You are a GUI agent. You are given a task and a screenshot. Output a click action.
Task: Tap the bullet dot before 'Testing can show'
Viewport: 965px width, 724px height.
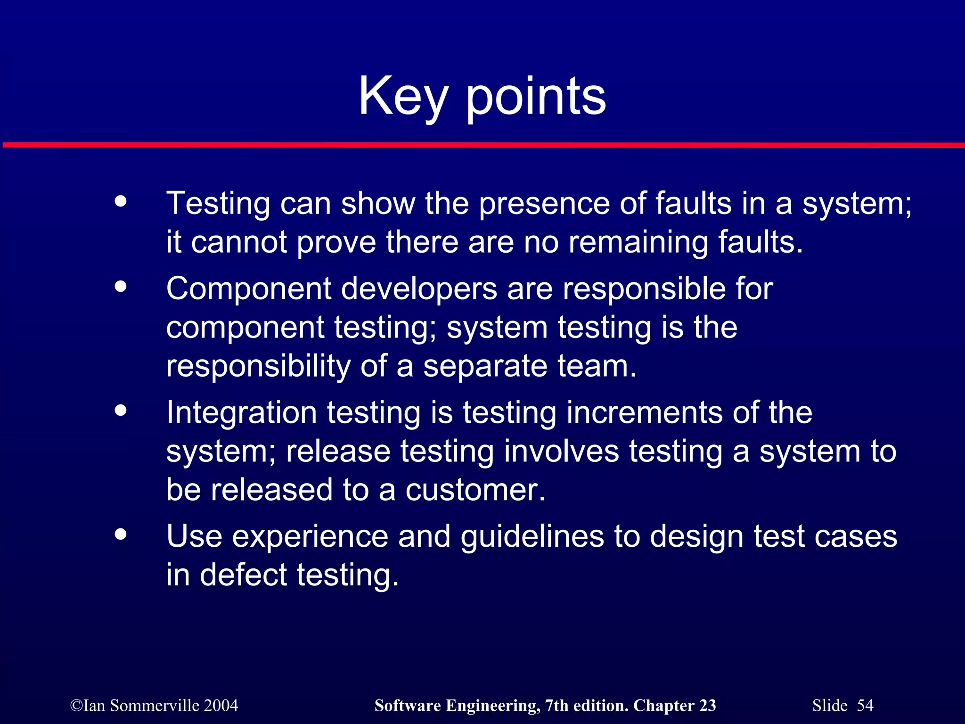tap(121, 201)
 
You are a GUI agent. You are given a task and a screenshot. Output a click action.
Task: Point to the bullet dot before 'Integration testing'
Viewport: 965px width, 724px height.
tap(121, 410)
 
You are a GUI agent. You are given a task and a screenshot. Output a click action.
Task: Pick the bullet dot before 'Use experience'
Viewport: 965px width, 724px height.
tap(121, 534)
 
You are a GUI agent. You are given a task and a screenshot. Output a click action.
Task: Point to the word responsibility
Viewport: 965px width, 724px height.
tap(258, 366)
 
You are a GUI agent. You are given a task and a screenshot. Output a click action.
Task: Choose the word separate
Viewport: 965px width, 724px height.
tap(485, 366)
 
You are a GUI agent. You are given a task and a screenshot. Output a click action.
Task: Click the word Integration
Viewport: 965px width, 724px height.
tap(241, 412)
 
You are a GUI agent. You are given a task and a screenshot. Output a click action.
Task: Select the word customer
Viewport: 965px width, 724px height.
tap(475, 490)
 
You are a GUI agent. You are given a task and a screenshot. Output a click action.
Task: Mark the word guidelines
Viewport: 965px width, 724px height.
tap(532, 536)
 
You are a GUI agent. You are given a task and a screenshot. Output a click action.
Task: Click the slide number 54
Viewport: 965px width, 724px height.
tap(865, 706)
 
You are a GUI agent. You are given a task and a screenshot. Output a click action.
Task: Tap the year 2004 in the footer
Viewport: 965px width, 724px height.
tap(221, 706)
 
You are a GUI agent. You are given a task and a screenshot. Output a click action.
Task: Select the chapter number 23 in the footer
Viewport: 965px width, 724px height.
tap(707, 706)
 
